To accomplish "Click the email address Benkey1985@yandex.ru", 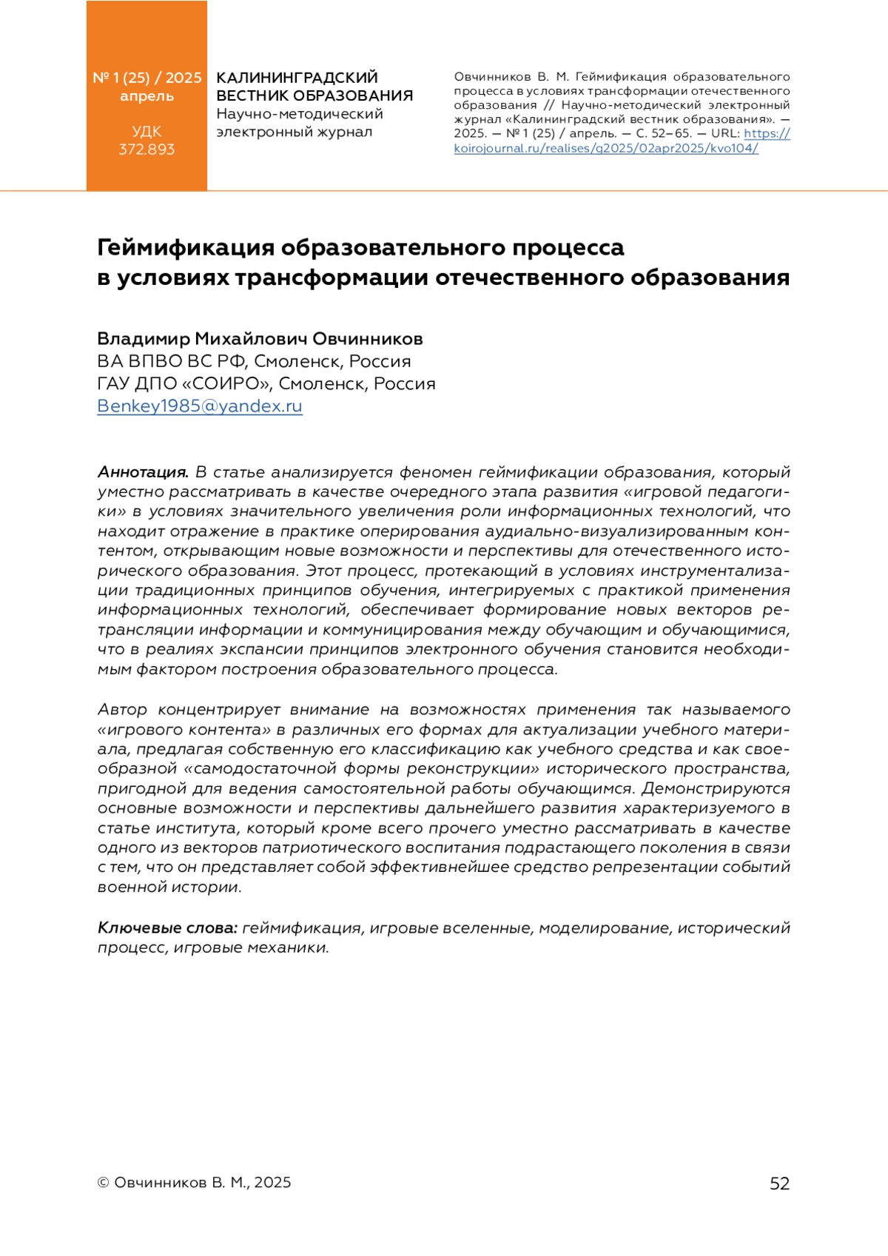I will coord(200,406).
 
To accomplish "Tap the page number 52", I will coord(779,1183).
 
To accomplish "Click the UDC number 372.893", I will coord(147,150).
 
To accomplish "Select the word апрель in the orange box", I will coord(147,96).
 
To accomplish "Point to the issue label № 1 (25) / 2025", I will coord(147,78).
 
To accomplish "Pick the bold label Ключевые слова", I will coord(167,927).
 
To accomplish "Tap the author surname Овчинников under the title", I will coord(367,339).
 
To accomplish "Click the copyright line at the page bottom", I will coord(194,1183).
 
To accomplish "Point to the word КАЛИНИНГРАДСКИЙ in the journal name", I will coord(297,78).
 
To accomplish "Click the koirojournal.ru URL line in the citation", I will coord(606,148).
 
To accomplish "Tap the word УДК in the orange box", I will coord(147,132).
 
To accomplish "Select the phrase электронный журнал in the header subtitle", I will coord(294,132).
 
